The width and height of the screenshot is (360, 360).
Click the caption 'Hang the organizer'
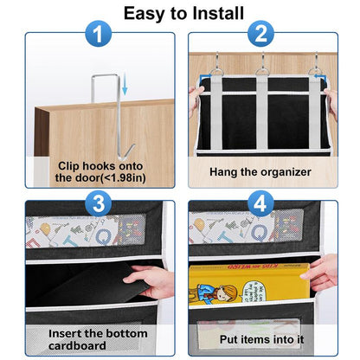click(260, 171)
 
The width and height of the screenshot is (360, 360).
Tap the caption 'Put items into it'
click(260, 339)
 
